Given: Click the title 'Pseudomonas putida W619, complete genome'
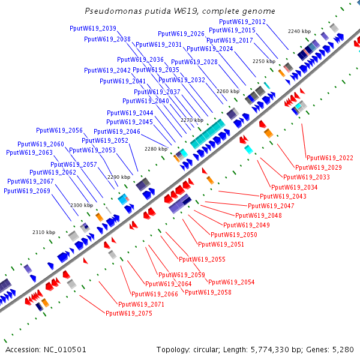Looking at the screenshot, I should point(180,11).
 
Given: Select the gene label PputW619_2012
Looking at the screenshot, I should point(242,22).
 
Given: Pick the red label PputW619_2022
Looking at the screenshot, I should point(329,158).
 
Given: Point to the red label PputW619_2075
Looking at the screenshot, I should point(128,313).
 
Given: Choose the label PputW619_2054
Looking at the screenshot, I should point(231,282).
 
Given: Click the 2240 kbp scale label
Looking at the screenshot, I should point(299,31).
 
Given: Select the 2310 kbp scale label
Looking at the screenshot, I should point(44,232).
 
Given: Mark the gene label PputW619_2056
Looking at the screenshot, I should point(59,130).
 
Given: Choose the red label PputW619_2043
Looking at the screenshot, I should point(283,196).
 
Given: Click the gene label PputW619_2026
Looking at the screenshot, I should point(181,34).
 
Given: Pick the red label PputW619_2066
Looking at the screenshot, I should point(154,294).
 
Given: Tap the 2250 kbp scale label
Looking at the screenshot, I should point(263,61).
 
